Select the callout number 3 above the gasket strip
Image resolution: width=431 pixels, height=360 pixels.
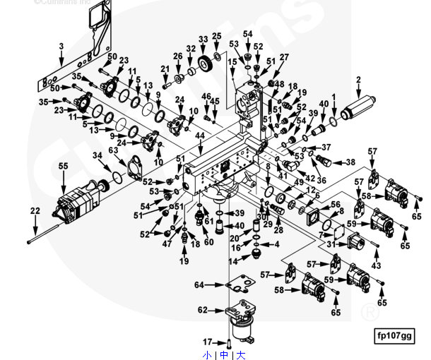(61, 47)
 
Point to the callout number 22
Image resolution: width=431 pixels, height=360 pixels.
(35, 210)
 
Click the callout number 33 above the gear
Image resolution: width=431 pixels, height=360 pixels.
(203, 39)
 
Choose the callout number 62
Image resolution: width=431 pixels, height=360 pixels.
(202, 309)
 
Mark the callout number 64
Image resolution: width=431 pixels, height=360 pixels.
(199, 284)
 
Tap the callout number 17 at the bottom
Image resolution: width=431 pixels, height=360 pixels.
(208, 342)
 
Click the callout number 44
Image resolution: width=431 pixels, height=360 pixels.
(200, 135)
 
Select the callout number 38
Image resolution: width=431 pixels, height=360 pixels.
(350, 162)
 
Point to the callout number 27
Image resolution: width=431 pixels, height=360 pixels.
(283, 57)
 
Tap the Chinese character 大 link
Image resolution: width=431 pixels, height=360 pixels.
(241, 354)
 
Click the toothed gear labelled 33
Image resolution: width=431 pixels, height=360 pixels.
(207, 63)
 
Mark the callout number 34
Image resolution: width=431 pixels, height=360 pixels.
(98, 155)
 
